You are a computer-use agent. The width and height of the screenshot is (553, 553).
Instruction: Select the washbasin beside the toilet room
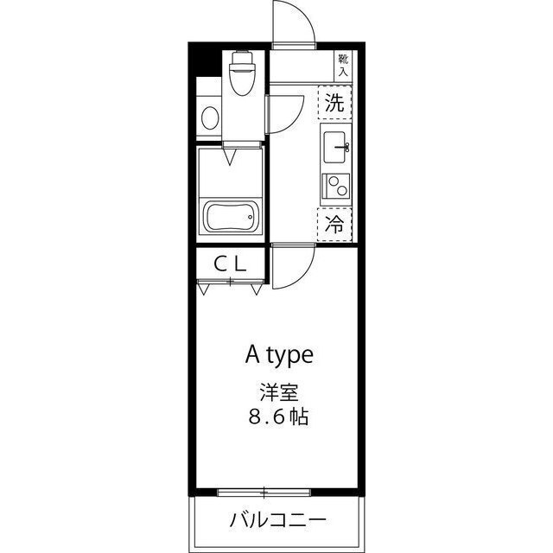point(207,116)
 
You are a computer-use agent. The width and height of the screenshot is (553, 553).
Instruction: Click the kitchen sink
point(334,148)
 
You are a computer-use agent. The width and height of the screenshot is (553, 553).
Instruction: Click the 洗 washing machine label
point(335,104)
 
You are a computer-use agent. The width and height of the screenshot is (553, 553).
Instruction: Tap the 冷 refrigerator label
point(335,225)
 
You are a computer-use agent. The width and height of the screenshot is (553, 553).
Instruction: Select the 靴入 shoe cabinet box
point(343,65)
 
